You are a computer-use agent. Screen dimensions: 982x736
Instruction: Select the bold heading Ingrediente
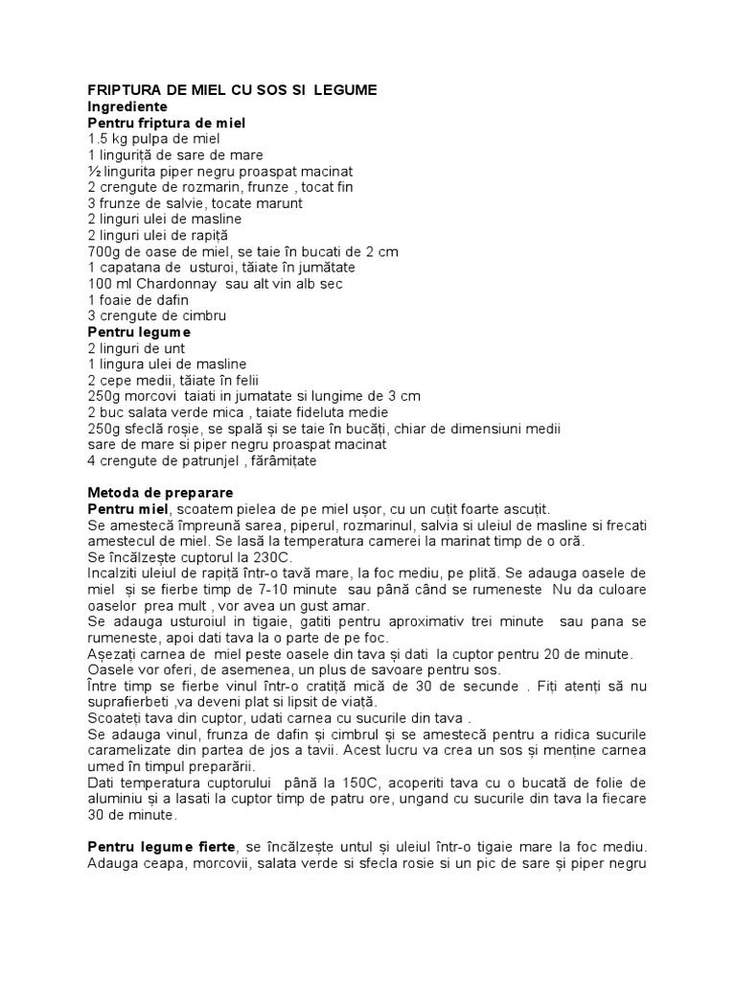[x=127, y=106]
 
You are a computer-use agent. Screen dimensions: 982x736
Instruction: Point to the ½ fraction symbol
[x=93, y=171]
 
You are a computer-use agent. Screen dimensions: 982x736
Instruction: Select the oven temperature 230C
[x=268, y=557]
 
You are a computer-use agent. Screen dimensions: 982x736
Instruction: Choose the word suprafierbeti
[x=132, y=702]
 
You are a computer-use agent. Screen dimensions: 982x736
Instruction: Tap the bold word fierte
[x=213, y=847]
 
